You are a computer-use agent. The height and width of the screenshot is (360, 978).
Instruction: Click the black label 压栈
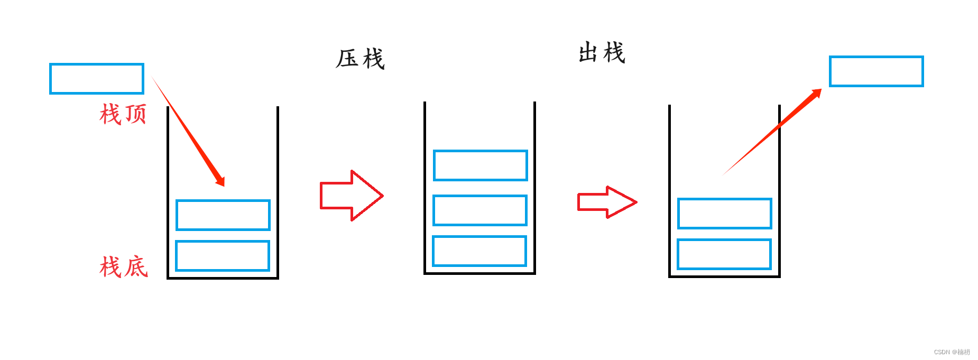(360, 59)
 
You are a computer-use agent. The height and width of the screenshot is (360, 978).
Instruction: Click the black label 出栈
(602, 53)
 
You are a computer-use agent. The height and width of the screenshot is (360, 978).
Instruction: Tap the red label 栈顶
(123, 114)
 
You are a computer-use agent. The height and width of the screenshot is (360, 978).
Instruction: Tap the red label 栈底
(124, 267)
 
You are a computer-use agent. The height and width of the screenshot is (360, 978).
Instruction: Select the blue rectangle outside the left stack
(97, 79)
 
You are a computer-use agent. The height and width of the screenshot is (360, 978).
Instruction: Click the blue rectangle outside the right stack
(876, 71)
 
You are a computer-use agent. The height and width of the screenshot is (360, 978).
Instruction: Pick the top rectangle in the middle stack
(480, 165)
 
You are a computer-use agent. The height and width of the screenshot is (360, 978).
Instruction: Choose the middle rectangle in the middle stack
(479, 210)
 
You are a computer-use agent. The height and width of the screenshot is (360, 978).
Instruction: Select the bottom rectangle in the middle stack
(479, 251)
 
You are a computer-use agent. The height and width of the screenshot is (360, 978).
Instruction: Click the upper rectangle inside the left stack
(223, 215)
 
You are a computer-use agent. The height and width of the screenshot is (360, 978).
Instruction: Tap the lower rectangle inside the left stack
(222, 256)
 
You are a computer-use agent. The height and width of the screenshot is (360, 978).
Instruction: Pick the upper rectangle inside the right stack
(724, 214)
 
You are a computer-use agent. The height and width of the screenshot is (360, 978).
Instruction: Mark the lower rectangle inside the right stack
(724, 254)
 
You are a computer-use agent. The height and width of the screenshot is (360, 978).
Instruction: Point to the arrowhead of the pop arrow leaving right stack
(816, 94)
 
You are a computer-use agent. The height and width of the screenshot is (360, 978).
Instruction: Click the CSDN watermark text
(952, 352)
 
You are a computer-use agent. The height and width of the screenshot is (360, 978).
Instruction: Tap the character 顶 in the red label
(135, 114)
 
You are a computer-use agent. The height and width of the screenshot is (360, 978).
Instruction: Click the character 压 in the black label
(347, 59)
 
